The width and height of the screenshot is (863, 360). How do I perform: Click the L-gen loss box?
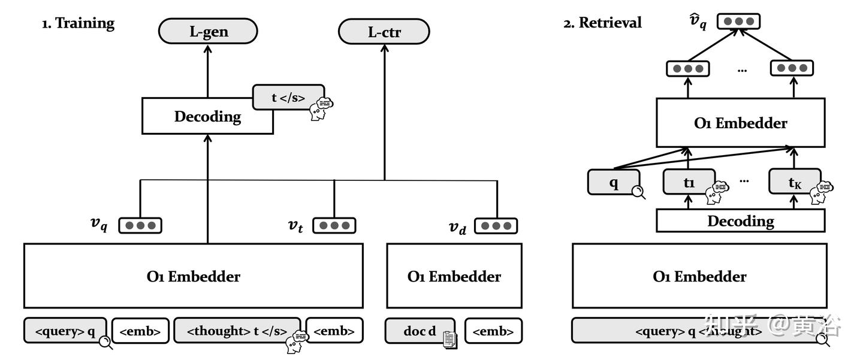coord(208,31)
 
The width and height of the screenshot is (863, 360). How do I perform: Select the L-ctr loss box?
coord(384,32)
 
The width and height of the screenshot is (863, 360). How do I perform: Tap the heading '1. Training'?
coord(78,23)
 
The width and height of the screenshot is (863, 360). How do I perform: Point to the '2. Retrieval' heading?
coord(602,23)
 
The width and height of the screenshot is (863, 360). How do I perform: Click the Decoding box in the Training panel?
coord(207,116)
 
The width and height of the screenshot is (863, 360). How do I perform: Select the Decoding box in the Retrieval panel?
coord(740,221)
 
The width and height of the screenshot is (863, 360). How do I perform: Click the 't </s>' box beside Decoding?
coord(288,97)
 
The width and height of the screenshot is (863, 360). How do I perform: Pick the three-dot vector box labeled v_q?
coord(140,226)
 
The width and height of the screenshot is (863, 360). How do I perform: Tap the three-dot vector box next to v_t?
coord(334,226)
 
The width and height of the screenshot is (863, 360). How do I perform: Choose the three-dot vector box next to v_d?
coord(496,226)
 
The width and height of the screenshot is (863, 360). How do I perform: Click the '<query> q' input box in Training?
coord(65,331)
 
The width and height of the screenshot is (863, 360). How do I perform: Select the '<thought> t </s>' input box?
coord(237,331)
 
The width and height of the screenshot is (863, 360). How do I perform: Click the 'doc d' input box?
coord(420,331)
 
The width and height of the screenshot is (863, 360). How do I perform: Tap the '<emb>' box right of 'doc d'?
coord(493,331)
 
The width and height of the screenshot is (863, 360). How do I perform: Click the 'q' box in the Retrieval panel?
coord(613,182)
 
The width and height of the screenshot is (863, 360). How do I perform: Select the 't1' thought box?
coord(689,182)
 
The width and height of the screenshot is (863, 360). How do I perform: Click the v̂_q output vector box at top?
coord(738,22)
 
